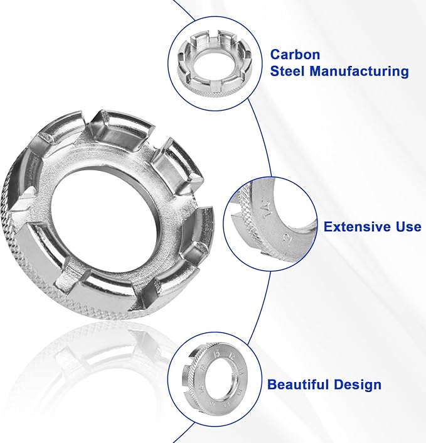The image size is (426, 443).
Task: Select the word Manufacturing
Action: [359, 72]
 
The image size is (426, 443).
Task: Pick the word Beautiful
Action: [302, 384]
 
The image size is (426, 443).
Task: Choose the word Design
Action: [359, 384]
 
